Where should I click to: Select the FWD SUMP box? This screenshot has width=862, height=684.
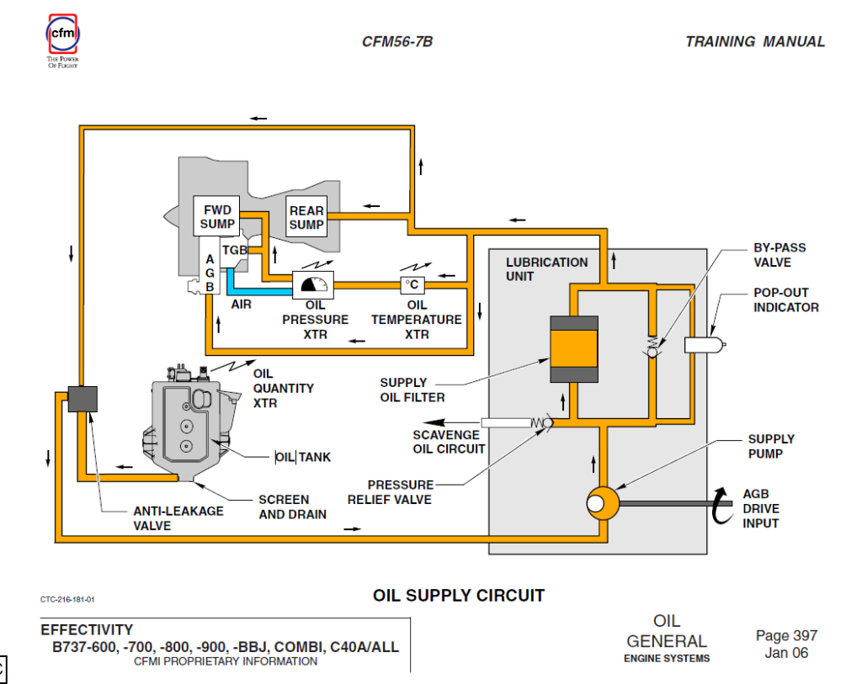point(217,216)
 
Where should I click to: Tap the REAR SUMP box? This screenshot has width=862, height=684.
point(306,217)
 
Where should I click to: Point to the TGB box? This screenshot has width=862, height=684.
point(234,251)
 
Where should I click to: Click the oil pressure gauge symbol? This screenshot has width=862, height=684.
point(312,285)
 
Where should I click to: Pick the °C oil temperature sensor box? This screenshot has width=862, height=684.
point(412,284)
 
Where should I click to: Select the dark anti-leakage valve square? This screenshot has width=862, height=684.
point(82,398)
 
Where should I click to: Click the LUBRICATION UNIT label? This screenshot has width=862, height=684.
point(546,269)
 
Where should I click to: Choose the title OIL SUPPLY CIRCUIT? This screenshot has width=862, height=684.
point(458,596)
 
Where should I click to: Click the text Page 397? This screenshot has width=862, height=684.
point(786,636)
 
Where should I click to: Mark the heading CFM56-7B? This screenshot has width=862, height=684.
point(397,41)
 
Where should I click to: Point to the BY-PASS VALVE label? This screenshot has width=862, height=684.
point(779,255)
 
